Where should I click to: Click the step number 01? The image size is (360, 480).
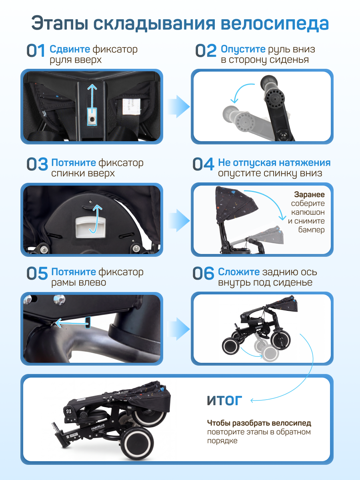click(36, 50)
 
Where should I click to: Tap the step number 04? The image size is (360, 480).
click(203, 164)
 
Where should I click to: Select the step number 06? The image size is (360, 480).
click(203, 273)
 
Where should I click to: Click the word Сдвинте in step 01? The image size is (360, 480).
click(70, 49)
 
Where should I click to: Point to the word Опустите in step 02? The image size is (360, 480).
click(243, 49)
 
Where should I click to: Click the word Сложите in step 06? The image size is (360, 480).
click(239, 272)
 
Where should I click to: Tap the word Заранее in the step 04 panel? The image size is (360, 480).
click(309, 194)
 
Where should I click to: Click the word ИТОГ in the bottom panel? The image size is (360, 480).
click(224, 400)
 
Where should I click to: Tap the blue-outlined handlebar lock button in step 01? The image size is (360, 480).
click(92, 117)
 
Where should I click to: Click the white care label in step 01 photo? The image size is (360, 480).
click(131, 106)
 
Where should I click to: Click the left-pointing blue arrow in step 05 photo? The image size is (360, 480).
click(72, 323)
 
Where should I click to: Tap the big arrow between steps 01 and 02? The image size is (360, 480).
click(179, 106)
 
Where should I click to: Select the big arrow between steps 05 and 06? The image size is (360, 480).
click(179, 329)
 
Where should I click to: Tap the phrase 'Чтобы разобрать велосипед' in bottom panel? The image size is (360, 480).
click(259, 423)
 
